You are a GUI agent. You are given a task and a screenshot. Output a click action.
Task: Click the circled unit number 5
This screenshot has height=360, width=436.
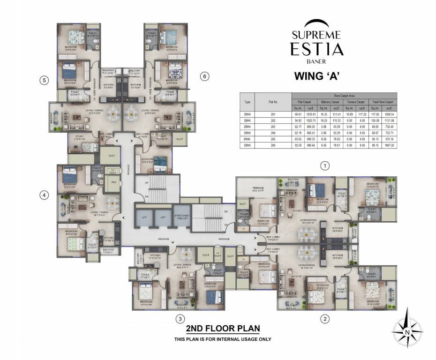(x=44, y=80)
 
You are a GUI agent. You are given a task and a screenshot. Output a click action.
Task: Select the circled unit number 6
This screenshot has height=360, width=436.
(x=203, y=76)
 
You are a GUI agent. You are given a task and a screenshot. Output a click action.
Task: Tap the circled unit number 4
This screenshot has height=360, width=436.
(x=44, y=195)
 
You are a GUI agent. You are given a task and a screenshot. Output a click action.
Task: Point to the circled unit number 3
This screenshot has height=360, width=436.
(x=179, y=319)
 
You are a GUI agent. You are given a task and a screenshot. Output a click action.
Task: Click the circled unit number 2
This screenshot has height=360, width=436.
(x=323, y=319)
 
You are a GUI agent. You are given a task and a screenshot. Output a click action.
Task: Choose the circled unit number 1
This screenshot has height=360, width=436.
(x=323, y=165)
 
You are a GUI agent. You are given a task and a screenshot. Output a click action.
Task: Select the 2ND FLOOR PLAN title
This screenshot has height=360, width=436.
(x=223, y=328)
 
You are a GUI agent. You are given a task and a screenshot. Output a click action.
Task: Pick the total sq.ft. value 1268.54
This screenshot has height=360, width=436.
(x=389, y=113)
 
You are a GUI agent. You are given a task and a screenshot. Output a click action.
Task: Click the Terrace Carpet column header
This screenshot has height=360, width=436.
(x=355, y=101)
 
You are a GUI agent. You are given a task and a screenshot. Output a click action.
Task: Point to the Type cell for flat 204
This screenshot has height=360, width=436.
(x=247, y=133)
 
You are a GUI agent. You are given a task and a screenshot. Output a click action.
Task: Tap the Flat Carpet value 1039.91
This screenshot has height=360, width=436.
(x=311, y=113)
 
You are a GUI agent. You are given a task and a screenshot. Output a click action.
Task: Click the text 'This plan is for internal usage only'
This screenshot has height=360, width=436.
(x=223, y=339)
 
